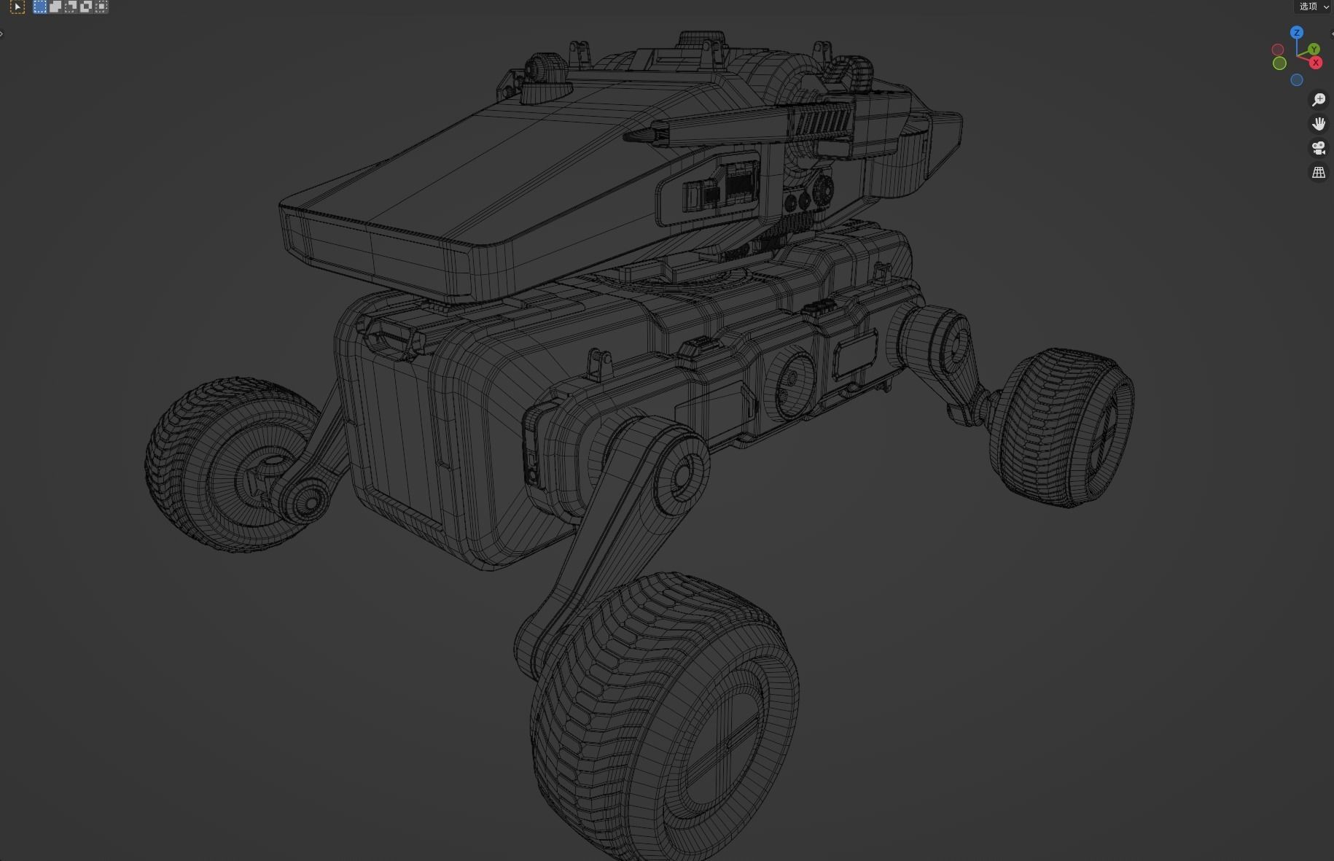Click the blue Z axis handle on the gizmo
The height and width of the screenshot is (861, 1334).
point(1296,33)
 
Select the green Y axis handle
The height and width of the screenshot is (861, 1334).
point(1314,50)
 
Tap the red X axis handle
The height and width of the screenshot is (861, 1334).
point(1316,63)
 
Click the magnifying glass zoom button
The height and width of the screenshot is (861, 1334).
point(1319,100)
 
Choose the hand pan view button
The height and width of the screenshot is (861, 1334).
point(1319,124)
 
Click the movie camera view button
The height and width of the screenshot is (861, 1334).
point(1319,148)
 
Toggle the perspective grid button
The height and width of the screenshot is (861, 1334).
point(1319,172)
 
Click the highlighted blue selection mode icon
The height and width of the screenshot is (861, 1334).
point(39,7)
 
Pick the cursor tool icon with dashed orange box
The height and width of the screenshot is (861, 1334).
point(17,7)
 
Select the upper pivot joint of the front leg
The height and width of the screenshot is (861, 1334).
point(682,474)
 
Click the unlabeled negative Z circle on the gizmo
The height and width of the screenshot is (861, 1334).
point(1296,80)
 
